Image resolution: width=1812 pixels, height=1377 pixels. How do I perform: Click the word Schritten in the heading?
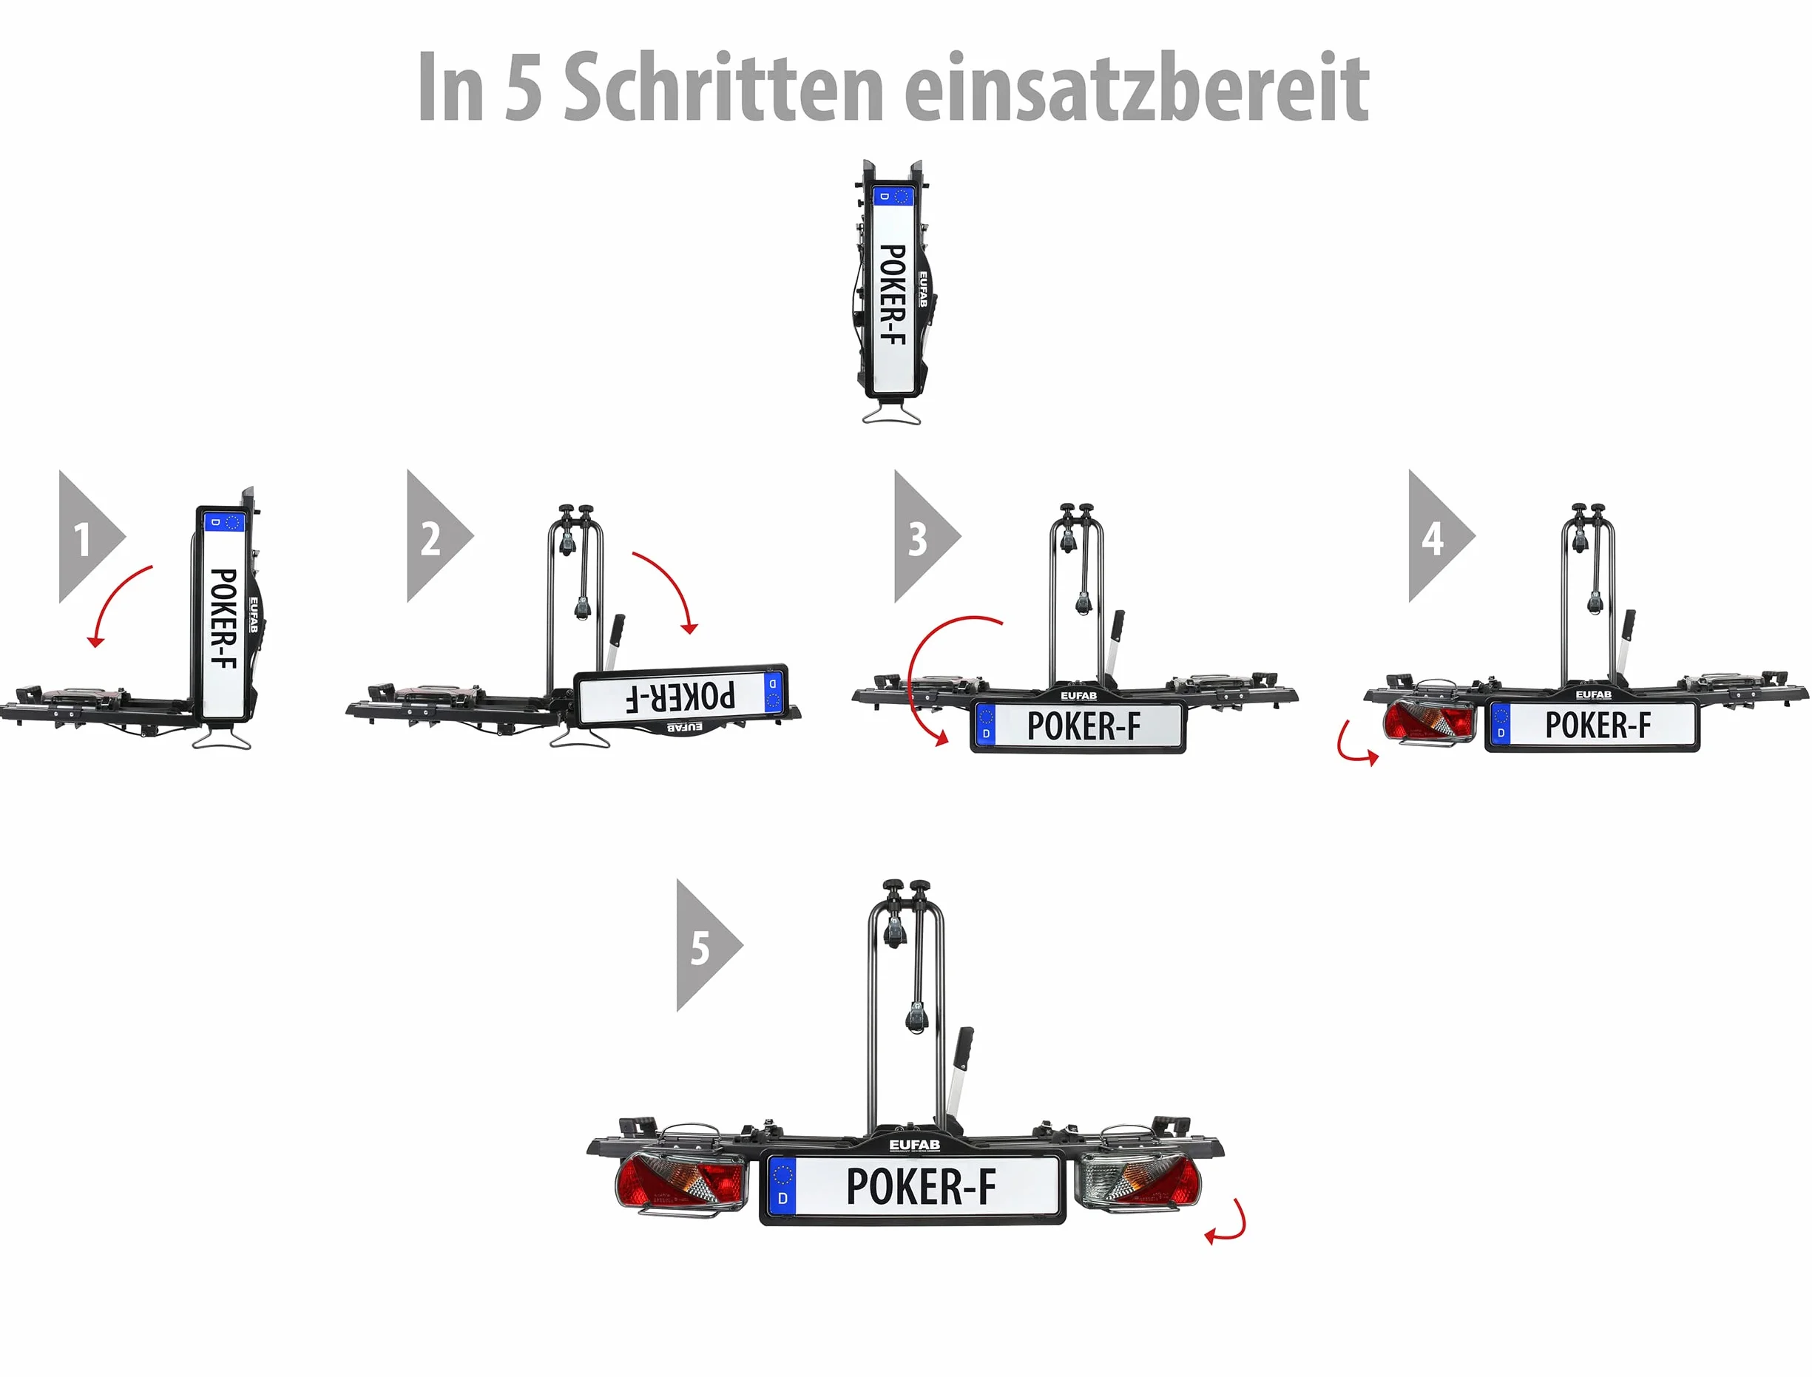[x=723, y=86]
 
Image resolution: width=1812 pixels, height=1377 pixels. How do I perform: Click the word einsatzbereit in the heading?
[x=1137, y=86]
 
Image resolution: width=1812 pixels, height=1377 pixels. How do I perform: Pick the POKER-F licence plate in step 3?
[x=1078, y=726]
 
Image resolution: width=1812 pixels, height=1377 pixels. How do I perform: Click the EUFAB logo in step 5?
[x=915, y=1145]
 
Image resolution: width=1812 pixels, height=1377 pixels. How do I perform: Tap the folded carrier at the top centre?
[x=893, y=291]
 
